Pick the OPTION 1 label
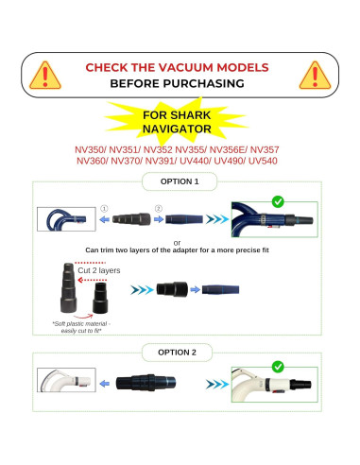click(180, 181)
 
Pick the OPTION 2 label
click(180, 351)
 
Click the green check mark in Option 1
click(278, 201)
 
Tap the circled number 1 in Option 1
click(105, 208)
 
